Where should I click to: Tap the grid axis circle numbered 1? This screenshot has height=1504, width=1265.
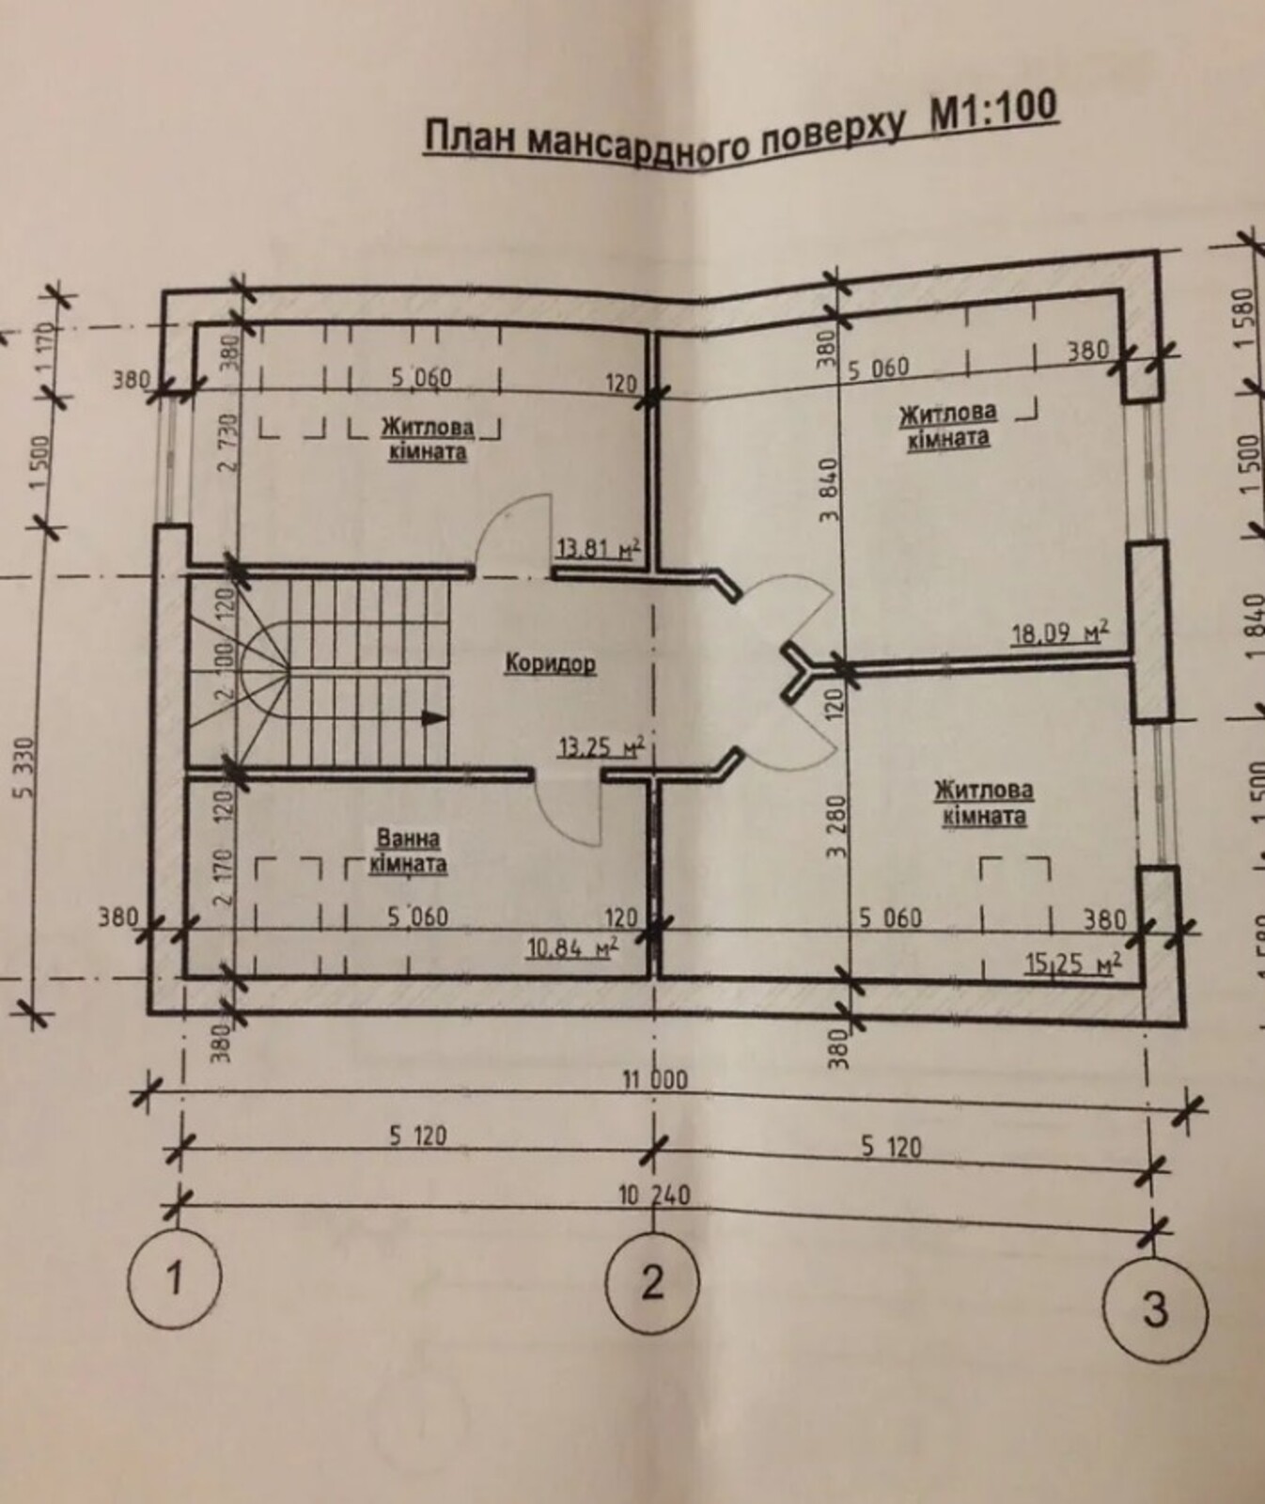click(175, 1278)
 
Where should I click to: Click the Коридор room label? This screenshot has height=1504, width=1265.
click(550, 664)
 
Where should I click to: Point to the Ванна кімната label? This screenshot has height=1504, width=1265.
click(407, 850)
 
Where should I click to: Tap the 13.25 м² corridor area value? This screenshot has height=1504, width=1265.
click(601, 747)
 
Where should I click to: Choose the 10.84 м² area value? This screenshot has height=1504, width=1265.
click(571, 948)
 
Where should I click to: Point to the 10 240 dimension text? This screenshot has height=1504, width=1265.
click(655, 1195)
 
